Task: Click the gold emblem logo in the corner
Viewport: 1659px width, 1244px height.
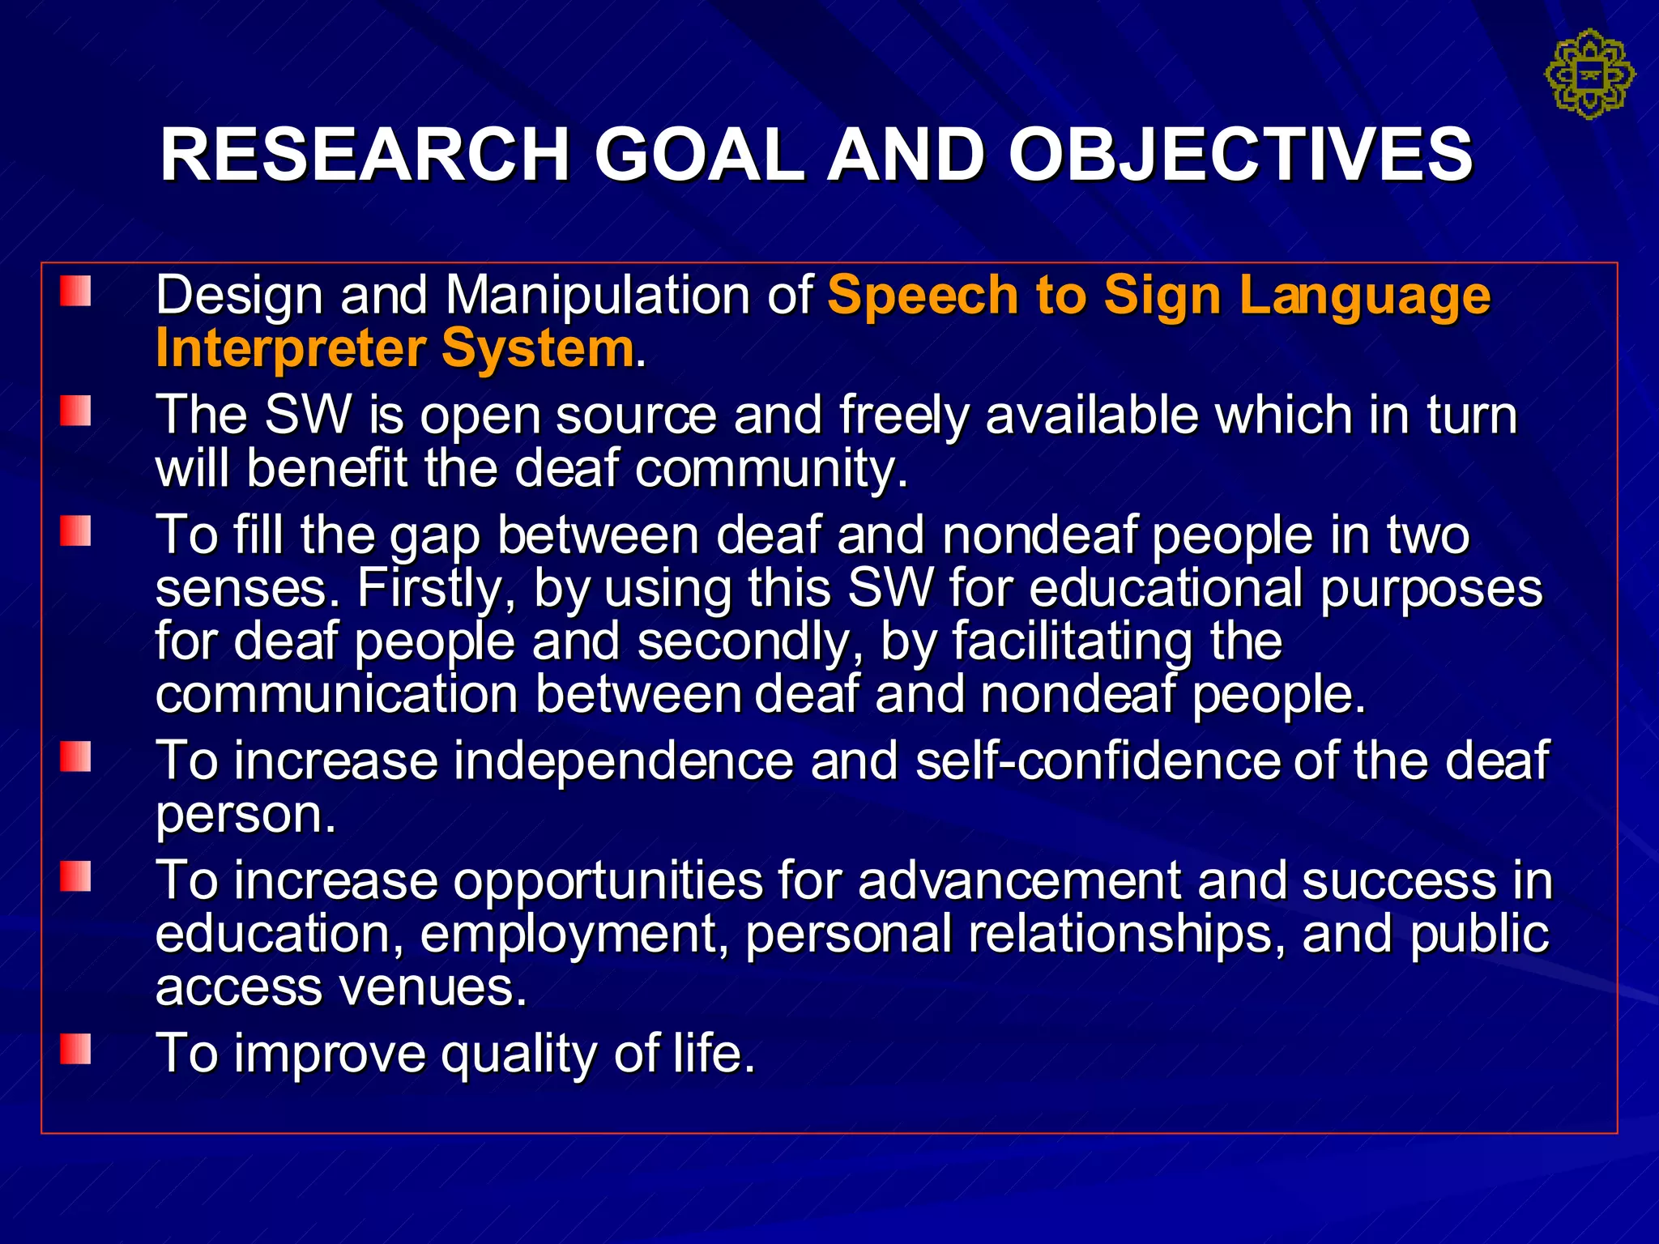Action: click(x=1589, y=75)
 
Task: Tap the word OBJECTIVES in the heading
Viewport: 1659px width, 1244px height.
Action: click(x=1240, y=155)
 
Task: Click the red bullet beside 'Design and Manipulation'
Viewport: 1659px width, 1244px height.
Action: click(x=75, y=292)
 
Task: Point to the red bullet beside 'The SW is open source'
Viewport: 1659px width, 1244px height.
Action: click(x=75, y=411)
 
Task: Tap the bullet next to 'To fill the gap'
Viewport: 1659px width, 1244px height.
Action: click(x=75, y=531)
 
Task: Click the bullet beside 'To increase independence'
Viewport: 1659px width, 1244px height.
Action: click(x=75, y=757)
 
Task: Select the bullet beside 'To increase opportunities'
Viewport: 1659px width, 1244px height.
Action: click(x=75, y=876)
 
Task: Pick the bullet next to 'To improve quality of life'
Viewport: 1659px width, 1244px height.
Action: click(x=75, y=1050)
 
